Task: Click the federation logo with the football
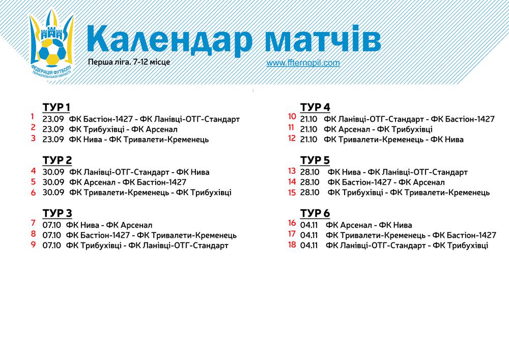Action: (51, 45)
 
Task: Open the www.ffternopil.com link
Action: (303, 63)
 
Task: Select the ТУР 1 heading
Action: (56, 107)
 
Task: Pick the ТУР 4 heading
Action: (315, 107)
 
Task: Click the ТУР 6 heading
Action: (315, 213)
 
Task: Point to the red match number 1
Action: (33, 116)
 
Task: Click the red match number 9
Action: (33, 244)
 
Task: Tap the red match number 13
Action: (292, 171)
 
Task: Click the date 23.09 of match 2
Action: (53, 129)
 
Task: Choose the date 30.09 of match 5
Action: (53, 182)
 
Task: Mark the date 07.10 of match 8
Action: (51, 235)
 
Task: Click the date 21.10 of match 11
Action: (309, 129)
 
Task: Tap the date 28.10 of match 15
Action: (309, 192)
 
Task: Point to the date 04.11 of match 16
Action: (309, 225)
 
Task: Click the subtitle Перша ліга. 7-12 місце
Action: (129, 62)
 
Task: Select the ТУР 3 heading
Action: (57, 213)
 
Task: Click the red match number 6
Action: (33, 192)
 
